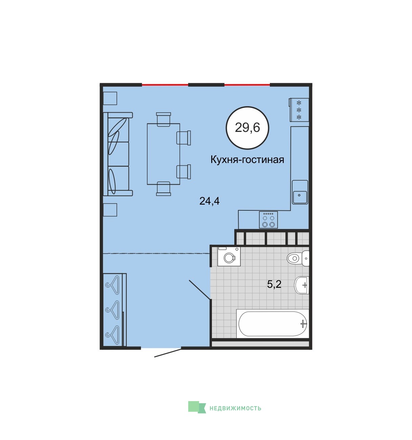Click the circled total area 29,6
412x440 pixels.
pos(247,128)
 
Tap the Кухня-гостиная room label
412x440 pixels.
pos(247,160)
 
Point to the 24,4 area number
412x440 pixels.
pos(210,201)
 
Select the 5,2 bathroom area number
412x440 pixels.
pos(274,284)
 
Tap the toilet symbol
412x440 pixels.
pos(298,258)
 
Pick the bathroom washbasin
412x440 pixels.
pos(302,285)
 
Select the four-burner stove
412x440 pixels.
pos(268,220)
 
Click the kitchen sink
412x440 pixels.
pos(300,192)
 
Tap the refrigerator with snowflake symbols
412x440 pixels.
pos(299,110)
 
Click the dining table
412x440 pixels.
pos(164,154)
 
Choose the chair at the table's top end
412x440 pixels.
pos(164,119)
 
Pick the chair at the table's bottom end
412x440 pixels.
pos(164,189)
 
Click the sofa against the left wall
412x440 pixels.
pos(118,154)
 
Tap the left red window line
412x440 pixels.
pos(165,85)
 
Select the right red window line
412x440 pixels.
pos(247,85)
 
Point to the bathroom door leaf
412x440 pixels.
pos(199,290)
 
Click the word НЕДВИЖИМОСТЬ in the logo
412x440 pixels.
pos(235,408)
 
